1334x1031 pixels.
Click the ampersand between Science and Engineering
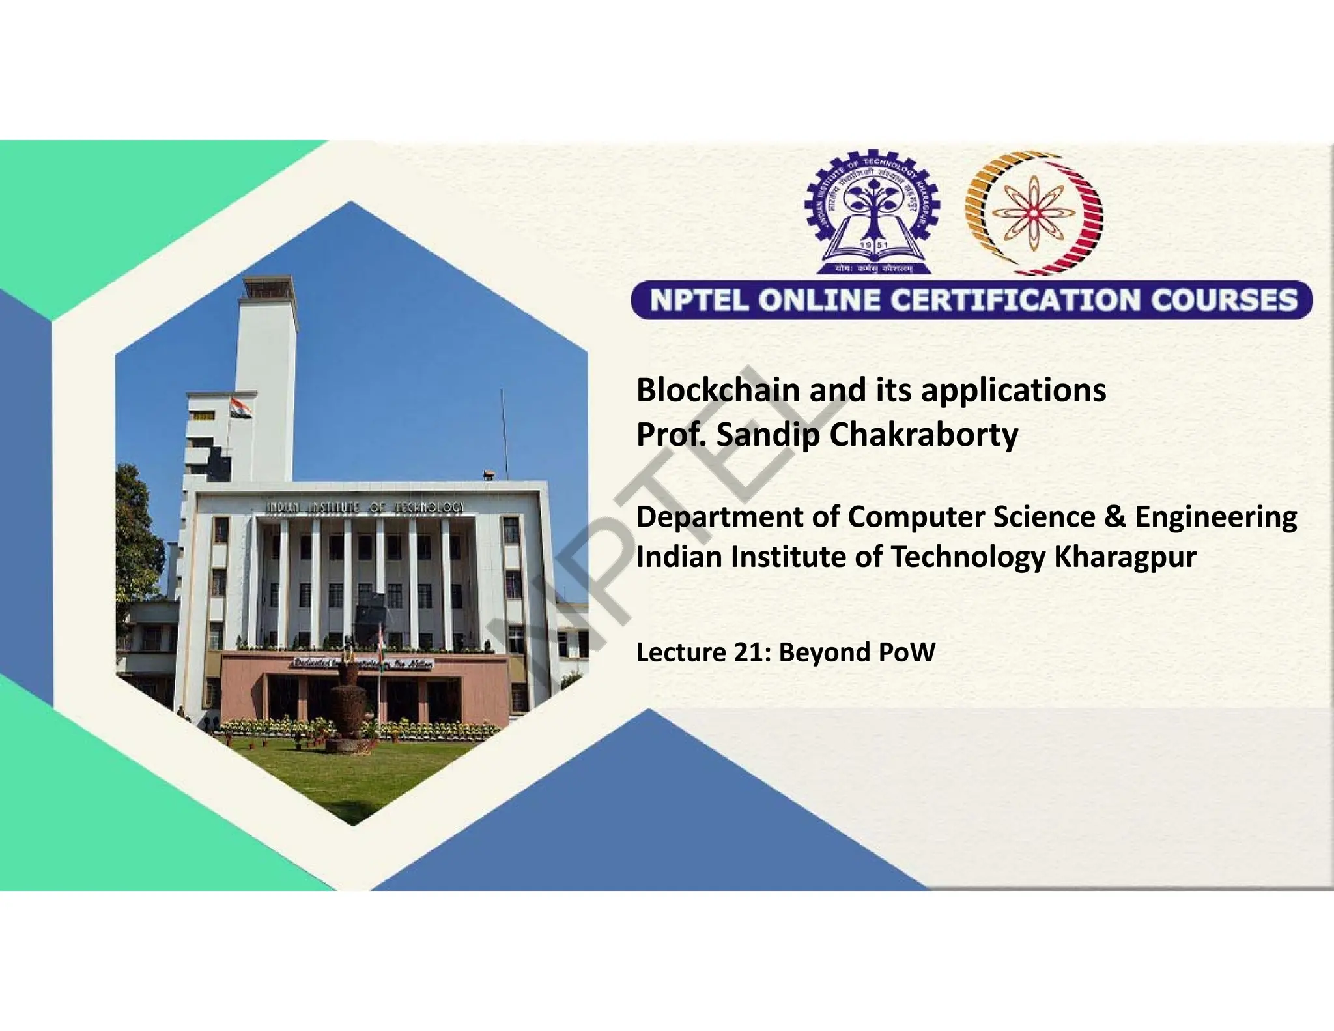(1114, 517)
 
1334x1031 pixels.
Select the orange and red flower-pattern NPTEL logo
(1034, 214)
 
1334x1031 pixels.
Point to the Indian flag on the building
(240, 409)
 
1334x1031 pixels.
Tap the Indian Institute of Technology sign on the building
(365, 508)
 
